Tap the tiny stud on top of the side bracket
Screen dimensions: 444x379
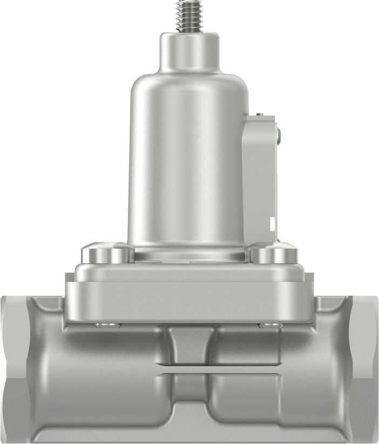click(259, 115)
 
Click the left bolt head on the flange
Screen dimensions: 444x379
click(107, 253)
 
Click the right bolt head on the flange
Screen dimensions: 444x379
click(273, 253)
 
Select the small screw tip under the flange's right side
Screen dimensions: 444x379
click(271, 325)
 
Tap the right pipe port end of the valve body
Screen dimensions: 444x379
click(364, 368)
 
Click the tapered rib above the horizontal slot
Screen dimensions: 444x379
click(189, 346)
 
